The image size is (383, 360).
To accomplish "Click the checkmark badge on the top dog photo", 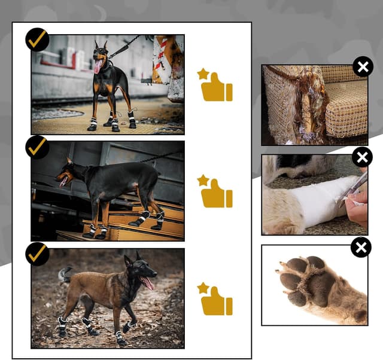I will click(x=37, y=39).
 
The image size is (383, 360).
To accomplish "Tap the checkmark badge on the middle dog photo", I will click(x=37, y=147).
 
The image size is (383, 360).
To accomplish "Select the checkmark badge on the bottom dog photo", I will click(x=37, y=253).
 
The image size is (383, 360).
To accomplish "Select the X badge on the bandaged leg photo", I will click(x=361, y=157).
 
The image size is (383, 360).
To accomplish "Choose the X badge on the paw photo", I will click(x=361, y=247).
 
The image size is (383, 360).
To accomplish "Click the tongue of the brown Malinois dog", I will click(x=147, y=283).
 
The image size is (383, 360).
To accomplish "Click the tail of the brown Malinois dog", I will click(x=63, y=275).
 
